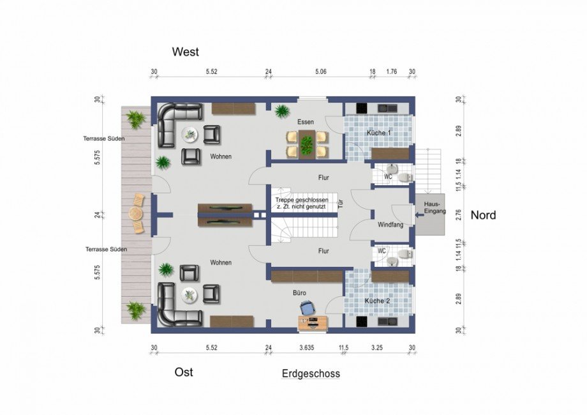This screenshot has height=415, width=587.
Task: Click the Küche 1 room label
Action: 378,133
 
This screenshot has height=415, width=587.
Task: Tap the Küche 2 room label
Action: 377,301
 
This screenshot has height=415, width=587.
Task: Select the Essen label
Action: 306,122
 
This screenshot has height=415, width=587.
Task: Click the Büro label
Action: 299,293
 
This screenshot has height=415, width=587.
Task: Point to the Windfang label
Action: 390,225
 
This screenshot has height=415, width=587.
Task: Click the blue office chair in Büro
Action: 308,308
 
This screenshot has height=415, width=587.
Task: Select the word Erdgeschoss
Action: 311,373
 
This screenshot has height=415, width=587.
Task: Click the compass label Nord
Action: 483,215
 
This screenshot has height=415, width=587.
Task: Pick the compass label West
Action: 185,52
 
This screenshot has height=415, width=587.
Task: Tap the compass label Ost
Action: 184,372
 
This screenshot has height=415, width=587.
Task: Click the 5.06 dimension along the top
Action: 321,72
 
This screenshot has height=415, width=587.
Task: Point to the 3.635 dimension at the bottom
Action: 307,347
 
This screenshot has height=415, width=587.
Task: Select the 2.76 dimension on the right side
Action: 459,215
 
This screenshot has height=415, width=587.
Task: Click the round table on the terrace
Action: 135,214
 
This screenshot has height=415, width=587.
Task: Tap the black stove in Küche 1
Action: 361,109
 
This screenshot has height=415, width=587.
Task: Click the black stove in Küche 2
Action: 361,321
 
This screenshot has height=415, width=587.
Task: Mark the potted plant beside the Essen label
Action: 281,111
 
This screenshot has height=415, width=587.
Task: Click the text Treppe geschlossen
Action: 302,200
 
